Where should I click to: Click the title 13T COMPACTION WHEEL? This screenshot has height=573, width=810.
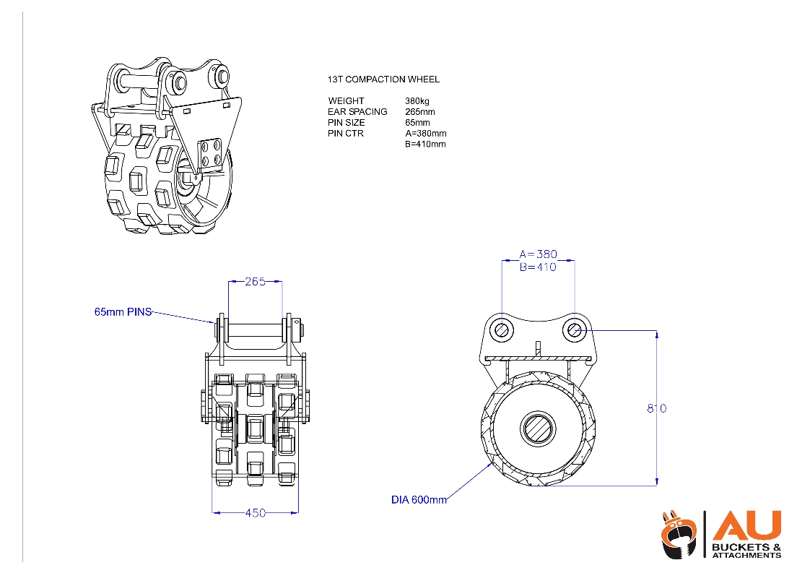383,79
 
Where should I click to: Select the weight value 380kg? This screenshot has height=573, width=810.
417,101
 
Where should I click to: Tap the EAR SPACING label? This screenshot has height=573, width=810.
357,112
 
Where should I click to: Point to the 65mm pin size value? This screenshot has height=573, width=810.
417,123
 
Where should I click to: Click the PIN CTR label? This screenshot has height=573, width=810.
346,134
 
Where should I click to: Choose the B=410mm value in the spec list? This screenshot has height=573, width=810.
425,145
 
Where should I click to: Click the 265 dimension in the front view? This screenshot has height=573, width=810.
255,281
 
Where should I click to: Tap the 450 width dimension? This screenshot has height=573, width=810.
256,513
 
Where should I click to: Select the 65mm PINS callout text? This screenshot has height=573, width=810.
123,312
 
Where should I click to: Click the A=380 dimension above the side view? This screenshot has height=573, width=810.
538,254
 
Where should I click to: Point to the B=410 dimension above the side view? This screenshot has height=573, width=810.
538,267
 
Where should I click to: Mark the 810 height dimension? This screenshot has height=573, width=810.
656,408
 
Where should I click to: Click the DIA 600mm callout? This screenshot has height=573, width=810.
419,499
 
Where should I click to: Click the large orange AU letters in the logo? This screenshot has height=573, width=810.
746,525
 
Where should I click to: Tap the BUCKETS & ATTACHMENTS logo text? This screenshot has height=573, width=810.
746,551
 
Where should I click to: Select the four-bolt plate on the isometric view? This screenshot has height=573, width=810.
211,153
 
